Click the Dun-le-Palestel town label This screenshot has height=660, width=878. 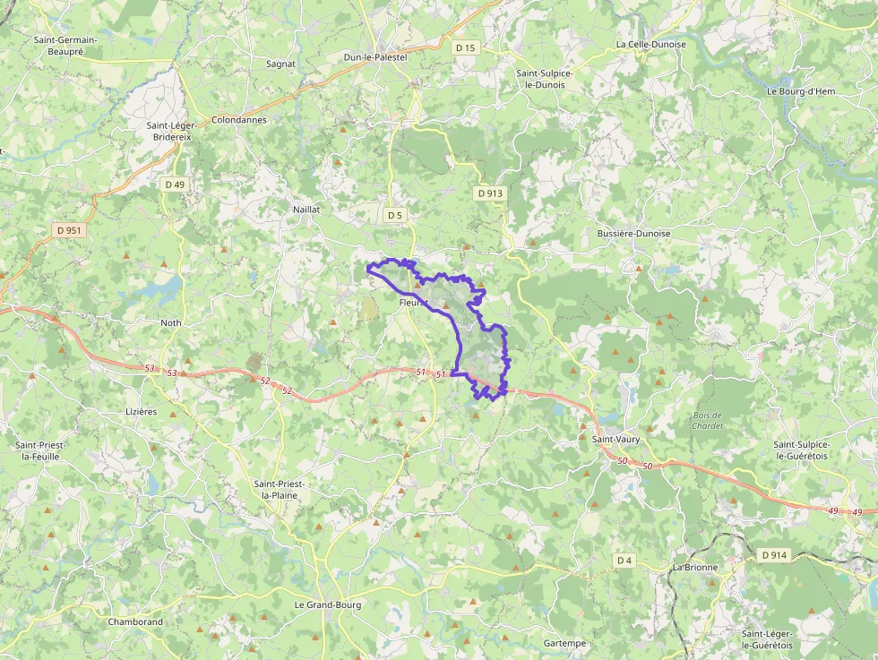click(x=375, y=57)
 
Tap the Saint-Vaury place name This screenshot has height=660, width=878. click(x=615, y=439)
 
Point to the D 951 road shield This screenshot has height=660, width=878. click(x=69, y=230)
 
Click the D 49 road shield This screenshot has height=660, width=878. click(x=175, y=184)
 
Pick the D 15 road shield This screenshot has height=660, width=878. click(x=465, y=47)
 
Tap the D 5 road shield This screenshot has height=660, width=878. click(x=395, y=215)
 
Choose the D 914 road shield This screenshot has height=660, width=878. click(x=774, y=555)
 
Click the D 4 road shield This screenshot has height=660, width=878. click(x=624, y=561)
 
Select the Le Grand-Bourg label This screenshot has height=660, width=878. click(x=328, y=604)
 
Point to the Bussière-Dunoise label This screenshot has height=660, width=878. click(x=633, y=233)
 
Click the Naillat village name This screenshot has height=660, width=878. click(x=306, y=209)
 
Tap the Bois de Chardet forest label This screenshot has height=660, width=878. click(x=707, y=420)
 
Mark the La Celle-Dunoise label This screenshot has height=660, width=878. click(x=650, y=44)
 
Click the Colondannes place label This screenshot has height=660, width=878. click(x=239, y=119)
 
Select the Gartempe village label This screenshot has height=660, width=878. click(x=564, y=643)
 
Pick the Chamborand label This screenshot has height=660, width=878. click(x=135, y=621)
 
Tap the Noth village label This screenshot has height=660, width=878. click(x=170, y=322)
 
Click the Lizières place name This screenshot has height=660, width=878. click(x=141, y=412)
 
